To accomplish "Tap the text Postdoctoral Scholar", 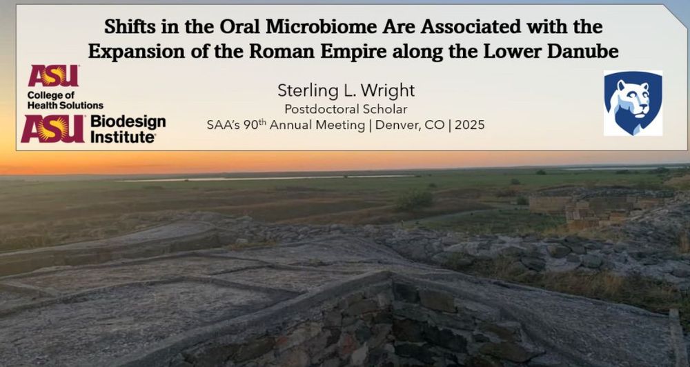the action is (346, 109).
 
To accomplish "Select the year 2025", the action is (469, 125).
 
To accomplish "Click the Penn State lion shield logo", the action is (633, 103).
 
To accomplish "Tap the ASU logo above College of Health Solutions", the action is (53, 76).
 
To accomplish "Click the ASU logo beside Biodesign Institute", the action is (53, 129).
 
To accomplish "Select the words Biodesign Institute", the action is (128, 129).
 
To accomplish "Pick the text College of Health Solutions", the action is (65, 100).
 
